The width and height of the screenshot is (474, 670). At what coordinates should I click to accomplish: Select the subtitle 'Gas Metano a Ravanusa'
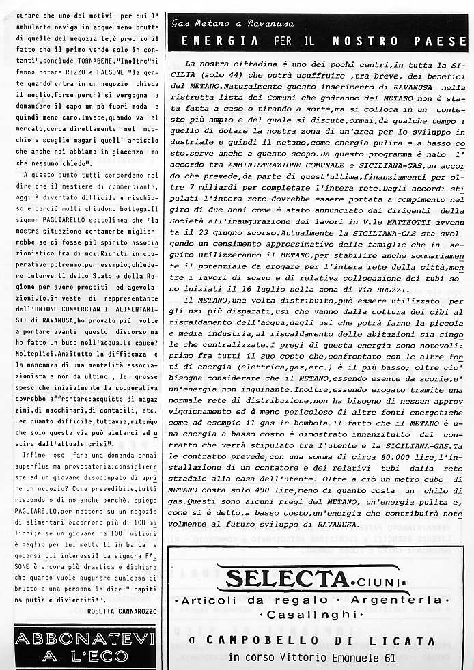[x=221, y=23]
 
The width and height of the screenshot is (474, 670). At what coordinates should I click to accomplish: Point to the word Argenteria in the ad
[x=395, y=600]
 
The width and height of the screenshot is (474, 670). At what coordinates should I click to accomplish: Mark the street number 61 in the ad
[x=389, y=657]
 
